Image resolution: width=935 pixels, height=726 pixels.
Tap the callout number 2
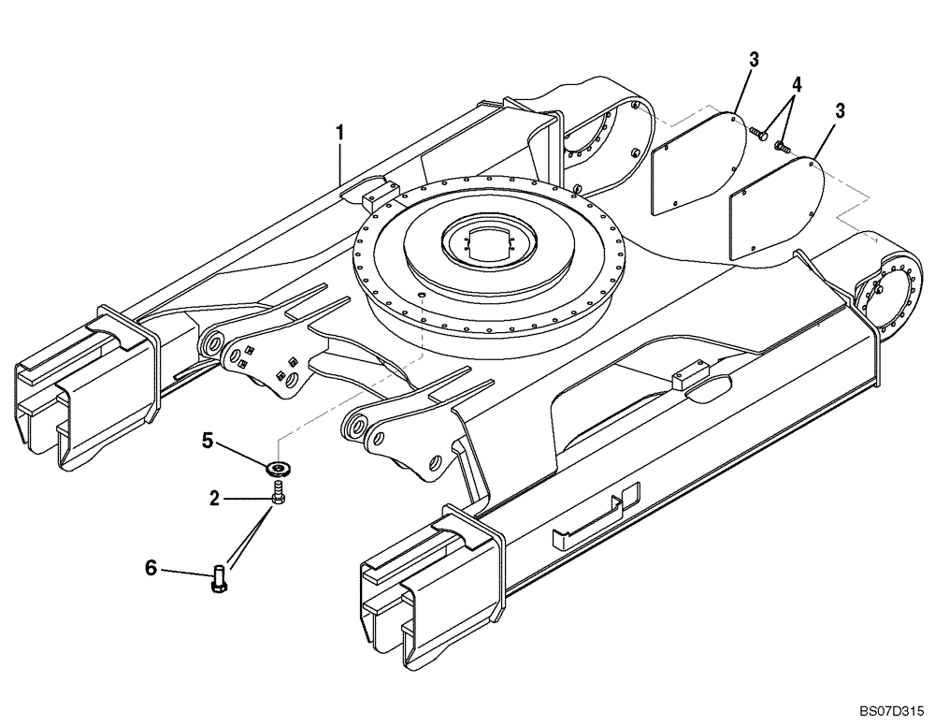[215, 500]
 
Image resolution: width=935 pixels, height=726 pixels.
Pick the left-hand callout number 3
[753, 59]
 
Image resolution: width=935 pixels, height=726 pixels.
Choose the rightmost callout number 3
[840, 110]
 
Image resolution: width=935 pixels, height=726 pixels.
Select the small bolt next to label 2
[278, 494]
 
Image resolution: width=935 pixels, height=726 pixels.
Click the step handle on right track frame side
[595, 514]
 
